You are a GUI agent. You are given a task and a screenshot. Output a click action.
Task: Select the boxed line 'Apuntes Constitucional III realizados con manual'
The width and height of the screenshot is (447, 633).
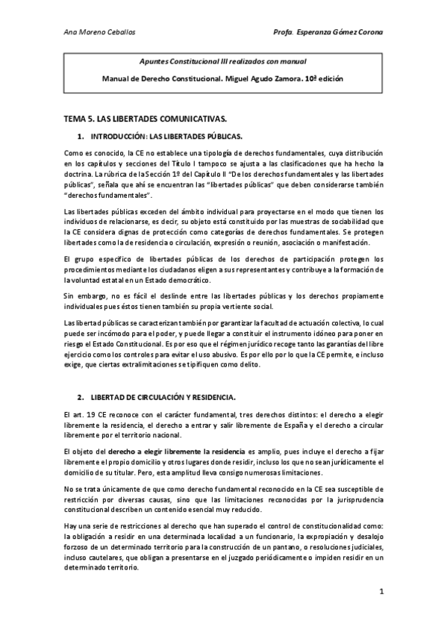223,61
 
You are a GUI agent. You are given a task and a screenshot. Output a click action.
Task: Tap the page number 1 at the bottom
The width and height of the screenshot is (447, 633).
381,592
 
